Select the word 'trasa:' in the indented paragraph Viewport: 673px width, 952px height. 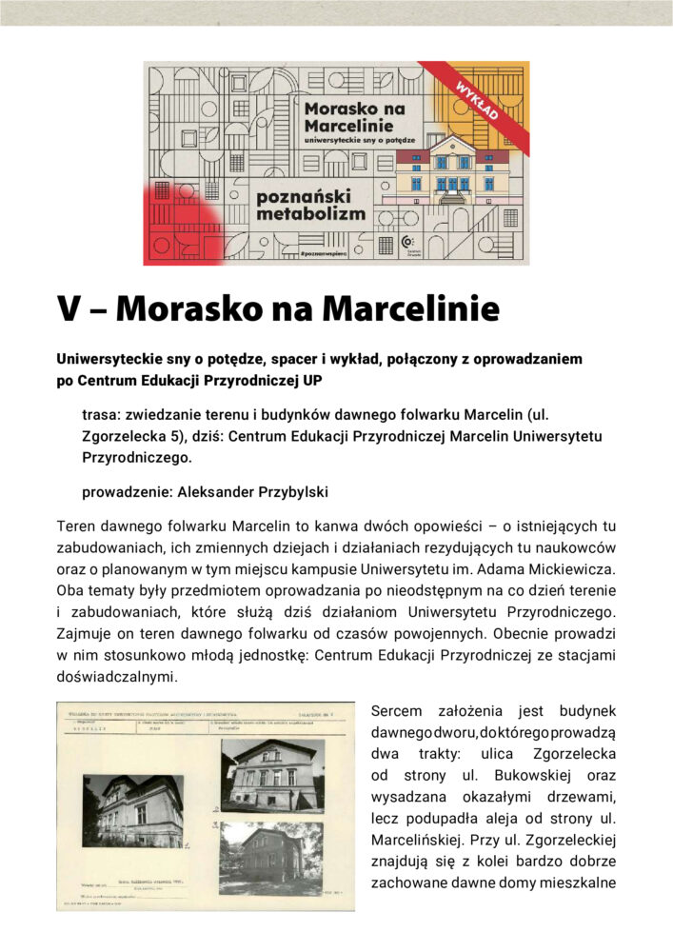(102, 415)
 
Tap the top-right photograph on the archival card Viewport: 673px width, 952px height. (271, 774)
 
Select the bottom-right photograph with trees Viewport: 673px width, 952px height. (271, 856)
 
